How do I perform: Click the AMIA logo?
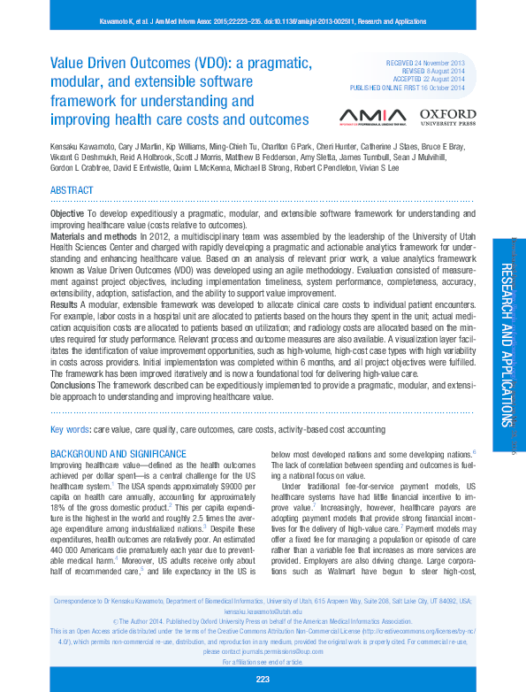(x=373, y=116)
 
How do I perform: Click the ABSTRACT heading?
(x=72, y=190)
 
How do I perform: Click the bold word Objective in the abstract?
(x=67, y=214)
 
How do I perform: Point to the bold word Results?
(x=65, y=303)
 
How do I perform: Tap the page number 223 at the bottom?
(x=263, y=679)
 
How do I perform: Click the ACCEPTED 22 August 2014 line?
(x=425, y=81)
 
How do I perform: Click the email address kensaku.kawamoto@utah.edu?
(x=263, y=611)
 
